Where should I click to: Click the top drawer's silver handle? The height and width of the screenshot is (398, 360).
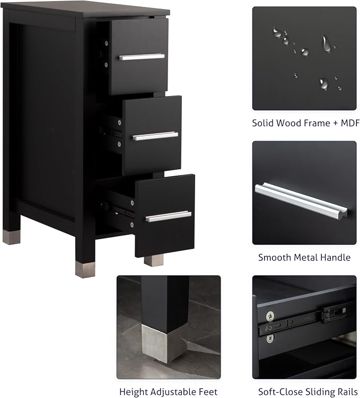142,57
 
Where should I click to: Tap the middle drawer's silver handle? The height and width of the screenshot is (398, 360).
155,136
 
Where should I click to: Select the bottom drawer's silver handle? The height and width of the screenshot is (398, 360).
169,217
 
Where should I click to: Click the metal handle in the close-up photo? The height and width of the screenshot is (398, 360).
301,201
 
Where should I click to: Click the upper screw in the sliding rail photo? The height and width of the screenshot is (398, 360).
270,316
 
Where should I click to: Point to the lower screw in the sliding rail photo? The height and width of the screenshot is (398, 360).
270,338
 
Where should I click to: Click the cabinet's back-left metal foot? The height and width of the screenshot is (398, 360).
12,237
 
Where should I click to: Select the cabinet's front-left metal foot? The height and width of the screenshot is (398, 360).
85,270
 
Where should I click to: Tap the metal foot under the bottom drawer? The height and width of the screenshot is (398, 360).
154,261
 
